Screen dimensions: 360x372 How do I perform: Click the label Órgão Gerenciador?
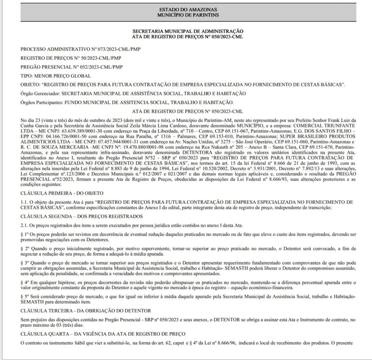click(40, 93)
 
